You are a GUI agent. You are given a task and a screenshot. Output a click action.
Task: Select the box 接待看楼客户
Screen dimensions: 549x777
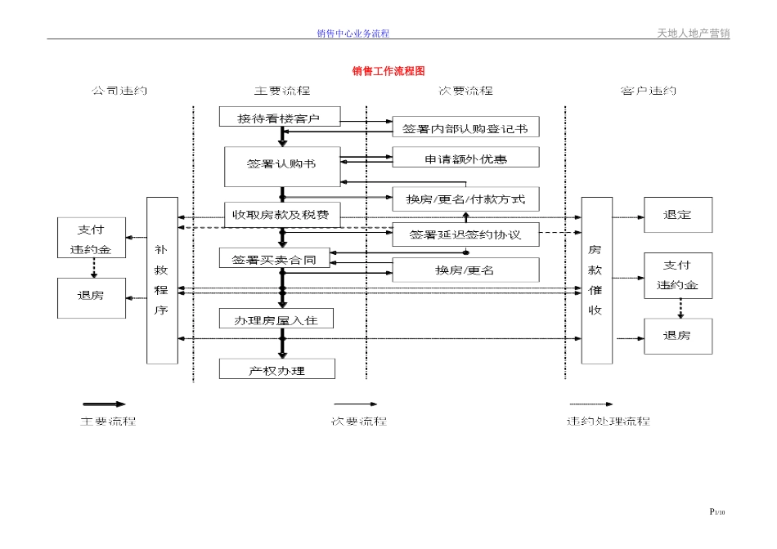tap(279, 118)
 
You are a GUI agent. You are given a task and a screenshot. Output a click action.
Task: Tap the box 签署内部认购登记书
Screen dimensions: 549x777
tap(465, 127)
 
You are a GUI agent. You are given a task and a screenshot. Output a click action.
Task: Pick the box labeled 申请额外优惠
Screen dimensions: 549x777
tap(465, 158)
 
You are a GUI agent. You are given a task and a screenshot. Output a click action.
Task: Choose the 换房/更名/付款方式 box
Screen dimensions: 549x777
tap(465, 199)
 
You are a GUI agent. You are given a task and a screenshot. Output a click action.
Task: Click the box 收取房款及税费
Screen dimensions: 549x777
tap(281, 215)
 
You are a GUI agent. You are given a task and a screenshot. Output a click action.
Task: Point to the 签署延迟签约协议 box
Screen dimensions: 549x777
tap(465, 235)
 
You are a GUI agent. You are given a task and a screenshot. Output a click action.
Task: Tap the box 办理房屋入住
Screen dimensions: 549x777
tap(276, 319)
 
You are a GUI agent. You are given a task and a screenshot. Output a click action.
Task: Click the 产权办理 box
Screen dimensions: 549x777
tap(276, 370)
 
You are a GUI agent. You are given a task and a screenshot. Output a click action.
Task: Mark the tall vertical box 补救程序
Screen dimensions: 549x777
tap(162, 280)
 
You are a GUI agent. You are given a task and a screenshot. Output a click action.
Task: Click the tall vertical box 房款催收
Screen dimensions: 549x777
tap(596, 280)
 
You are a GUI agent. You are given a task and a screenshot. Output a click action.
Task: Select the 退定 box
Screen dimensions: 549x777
tap(677, 215)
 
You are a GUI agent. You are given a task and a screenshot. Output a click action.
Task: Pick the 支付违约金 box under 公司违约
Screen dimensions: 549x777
tap(91, 238)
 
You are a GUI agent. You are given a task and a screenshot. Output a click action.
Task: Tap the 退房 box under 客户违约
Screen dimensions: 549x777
tap(677, 336)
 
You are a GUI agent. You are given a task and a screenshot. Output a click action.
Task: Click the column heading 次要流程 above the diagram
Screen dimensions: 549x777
tap(465, 91)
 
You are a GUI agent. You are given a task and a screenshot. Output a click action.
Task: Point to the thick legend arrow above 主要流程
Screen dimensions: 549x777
tap(104, 404)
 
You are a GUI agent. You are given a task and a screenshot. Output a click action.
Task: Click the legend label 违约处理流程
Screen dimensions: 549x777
tap(609, 422)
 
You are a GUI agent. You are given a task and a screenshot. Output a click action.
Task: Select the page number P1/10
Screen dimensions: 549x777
tap(717, 512)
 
